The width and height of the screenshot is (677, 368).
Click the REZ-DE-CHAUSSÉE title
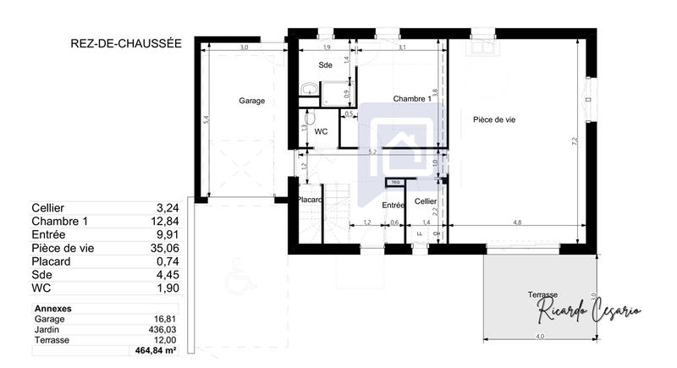(x=126, y=42)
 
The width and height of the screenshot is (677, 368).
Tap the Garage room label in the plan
(x=251, y=101)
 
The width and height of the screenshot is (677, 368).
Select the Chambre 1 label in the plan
(x=412, y=99)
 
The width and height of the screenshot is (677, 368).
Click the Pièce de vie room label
(x=494, y=120)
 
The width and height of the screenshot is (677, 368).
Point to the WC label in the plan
(x=321, y=132)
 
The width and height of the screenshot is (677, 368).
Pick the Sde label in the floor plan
(x=325, y=65)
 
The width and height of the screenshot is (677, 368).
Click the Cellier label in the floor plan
(x=426, y=201)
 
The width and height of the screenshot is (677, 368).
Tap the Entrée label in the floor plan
(x=393, y=205)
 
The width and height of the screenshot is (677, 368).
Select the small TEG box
(x=394, y=182)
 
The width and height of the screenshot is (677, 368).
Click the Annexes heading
(x=52, y=309)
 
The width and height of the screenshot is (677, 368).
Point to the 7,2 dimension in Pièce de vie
(x=575, y=141)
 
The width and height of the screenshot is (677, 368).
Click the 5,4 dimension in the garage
(x=206, y=121)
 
